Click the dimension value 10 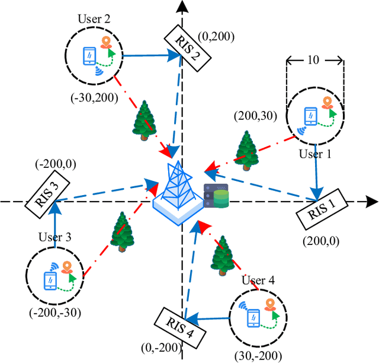click(314, 59)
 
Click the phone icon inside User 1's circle click(309, 115)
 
